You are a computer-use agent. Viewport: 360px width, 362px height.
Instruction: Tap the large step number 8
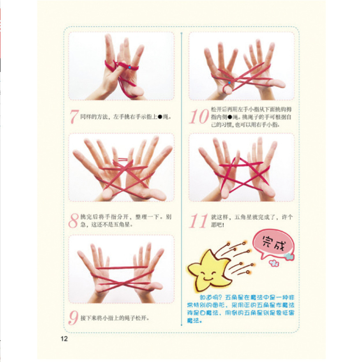(x=74, y=220)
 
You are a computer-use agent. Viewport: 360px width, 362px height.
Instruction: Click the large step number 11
(x=198, y=221)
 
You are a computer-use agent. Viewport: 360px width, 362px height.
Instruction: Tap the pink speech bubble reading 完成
(x=273, y=246)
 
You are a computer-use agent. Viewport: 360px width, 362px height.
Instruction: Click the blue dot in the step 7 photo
(x=129, y=67)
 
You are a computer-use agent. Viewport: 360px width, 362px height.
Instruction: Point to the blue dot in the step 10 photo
(x=229, y=83)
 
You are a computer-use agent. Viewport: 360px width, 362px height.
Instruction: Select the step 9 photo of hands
(x=121, y=269)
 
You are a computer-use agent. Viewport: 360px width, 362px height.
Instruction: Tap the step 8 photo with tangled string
(x=121, y=169)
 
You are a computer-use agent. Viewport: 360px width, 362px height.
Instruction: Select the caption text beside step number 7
(x=125, y=116)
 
